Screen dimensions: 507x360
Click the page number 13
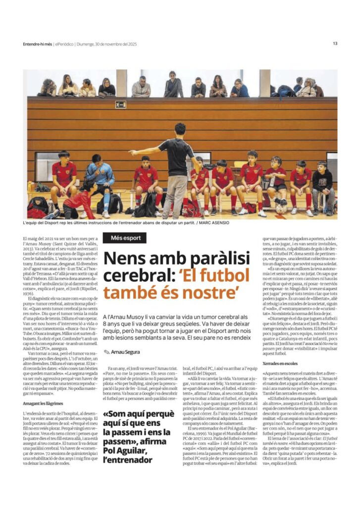click(x=335, y=44)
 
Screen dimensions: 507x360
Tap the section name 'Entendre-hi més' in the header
click(x=38, y=44)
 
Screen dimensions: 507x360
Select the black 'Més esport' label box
click(x=125, y=238)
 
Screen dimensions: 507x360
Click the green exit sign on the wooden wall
click(x=120, y=104)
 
